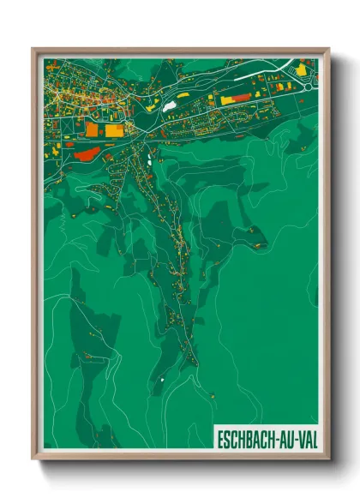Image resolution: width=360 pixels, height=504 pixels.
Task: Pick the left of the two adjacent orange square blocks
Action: pyautogui.click(x=92, y=129)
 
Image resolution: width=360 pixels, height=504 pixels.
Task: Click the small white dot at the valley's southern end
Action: pyautogui.click(x=160, y=378)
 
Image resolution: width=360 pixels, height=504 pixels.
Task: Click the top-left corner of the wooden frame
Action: pyautogui.click(x=33, y=49)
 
